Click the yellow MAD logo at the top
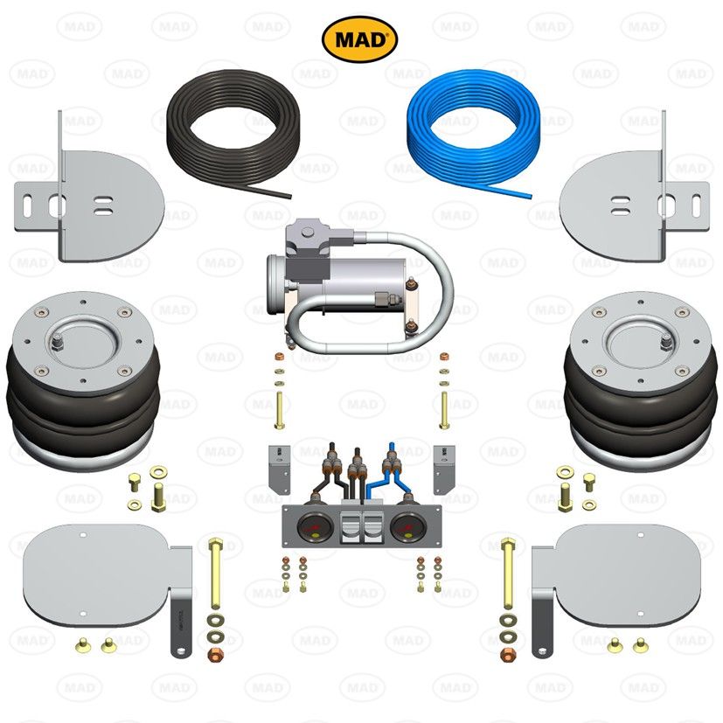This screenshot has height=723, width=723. pos(360,38)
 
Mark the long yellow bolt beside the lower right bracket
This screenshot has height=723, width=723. pos(507,577)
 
